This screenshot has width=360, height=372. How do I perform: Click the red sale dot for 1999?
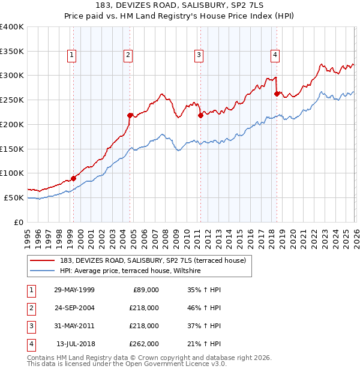click(74, 178)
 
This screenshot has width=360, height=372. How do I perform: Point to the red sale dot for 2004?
click(130, 115)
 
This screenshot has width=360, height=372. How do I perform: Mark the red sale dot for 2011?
click(200, 116)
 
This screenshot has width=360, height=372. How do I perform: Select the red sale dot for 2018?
click(276, 94)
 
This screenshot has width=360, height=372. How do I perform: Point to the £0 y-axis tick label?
click(19, 222)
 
